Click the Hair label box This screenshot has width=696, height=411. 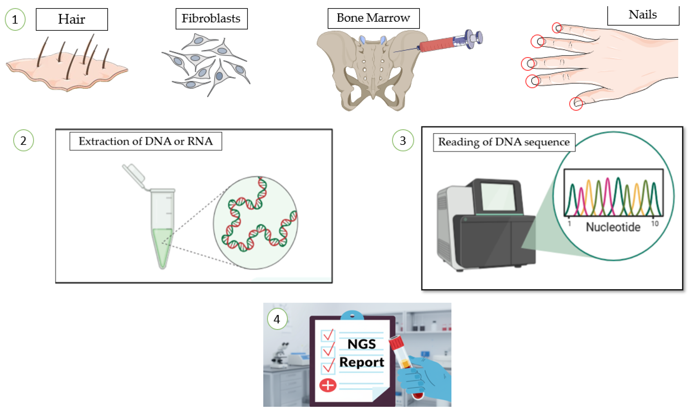point(72,19)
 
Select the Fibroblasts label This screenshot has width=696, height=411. point(211,19)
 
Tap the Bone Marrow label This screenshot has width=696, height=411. point(373,18)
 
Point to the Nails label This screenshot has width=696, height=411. point(643,15)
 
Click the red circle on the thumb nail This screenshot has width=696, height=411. point(576,104)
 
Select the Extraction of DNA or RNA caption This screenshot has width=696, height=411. point(146,141)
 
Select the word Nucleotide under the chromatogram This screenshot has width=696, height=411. point(613,227)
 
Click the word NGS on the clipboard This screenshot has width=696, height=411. point(362,344)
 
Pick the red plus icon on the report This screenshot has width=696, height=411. point(328,385)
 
